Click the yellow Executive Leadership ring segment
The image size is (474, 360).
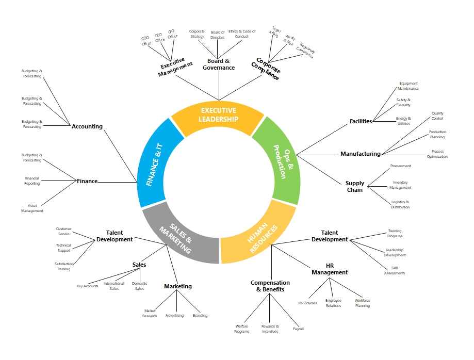218,116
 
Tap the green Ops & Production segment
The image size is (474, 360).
279,160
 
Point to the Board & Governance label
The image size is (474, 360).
218,64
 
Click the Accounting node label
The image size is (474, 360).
87,126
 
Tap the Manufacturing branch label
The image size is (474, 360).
360,154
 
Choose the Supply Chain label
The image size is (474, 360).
355,186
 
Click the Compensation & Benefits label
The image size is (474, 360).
270,286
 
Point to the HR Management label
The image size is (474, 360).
330,269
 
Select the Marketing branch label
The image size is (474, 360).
178,286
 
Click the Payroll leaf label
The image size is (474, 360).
298,329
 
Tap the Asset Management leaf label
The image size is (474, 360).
32,208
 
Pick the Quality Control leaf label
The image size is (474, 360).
437,116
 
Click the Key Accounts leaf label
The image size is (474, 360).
87,286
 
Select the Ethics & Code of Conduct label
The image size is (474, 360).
242,34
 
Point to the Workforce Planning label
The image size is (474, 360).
362,303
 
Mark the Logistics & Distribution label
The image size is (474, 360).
400,205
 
